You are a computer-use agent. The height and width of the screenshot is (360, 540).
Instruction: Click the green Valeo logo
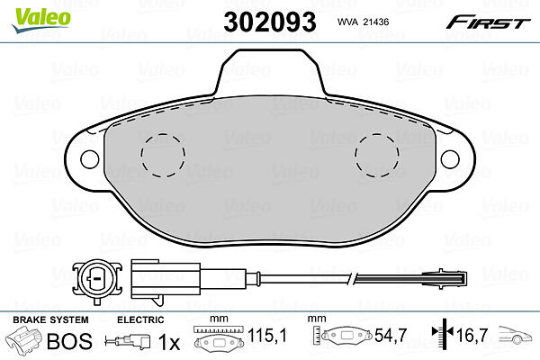[x=41, y=20]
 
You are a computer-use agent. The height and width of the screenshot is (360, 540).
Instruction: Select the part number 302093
[x=270, y=22]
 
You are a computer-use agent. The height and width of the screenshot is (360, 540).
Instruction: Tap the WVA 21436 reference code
[x=363, y=22]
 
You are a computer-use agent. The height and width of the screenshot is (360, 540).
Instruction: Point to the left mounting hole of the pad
[x=89, y=159]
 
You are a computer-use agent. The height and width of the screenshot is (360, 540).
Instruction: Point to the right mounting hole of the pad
[x=450, y=159]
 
